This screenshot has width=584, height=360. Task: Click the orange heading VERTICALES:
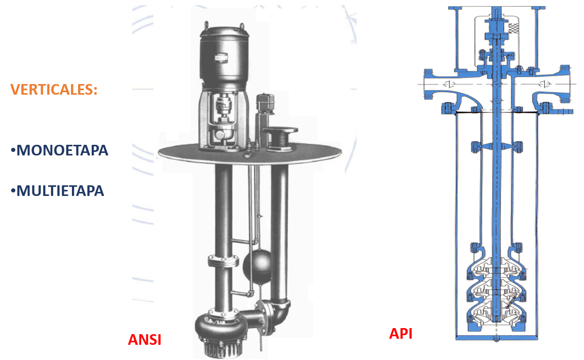pos(54,90)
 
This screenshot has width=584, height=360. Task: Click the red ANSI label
pos(144,340)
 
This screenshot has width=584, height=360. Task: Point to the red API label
pos(401,334)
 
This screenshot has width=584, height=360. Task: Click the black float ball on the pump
pos(257,265)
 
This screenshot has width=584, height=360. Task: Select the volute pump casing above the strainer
pos(216,328)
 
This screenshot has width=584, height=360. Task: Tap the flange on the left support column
pos(223,261)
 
